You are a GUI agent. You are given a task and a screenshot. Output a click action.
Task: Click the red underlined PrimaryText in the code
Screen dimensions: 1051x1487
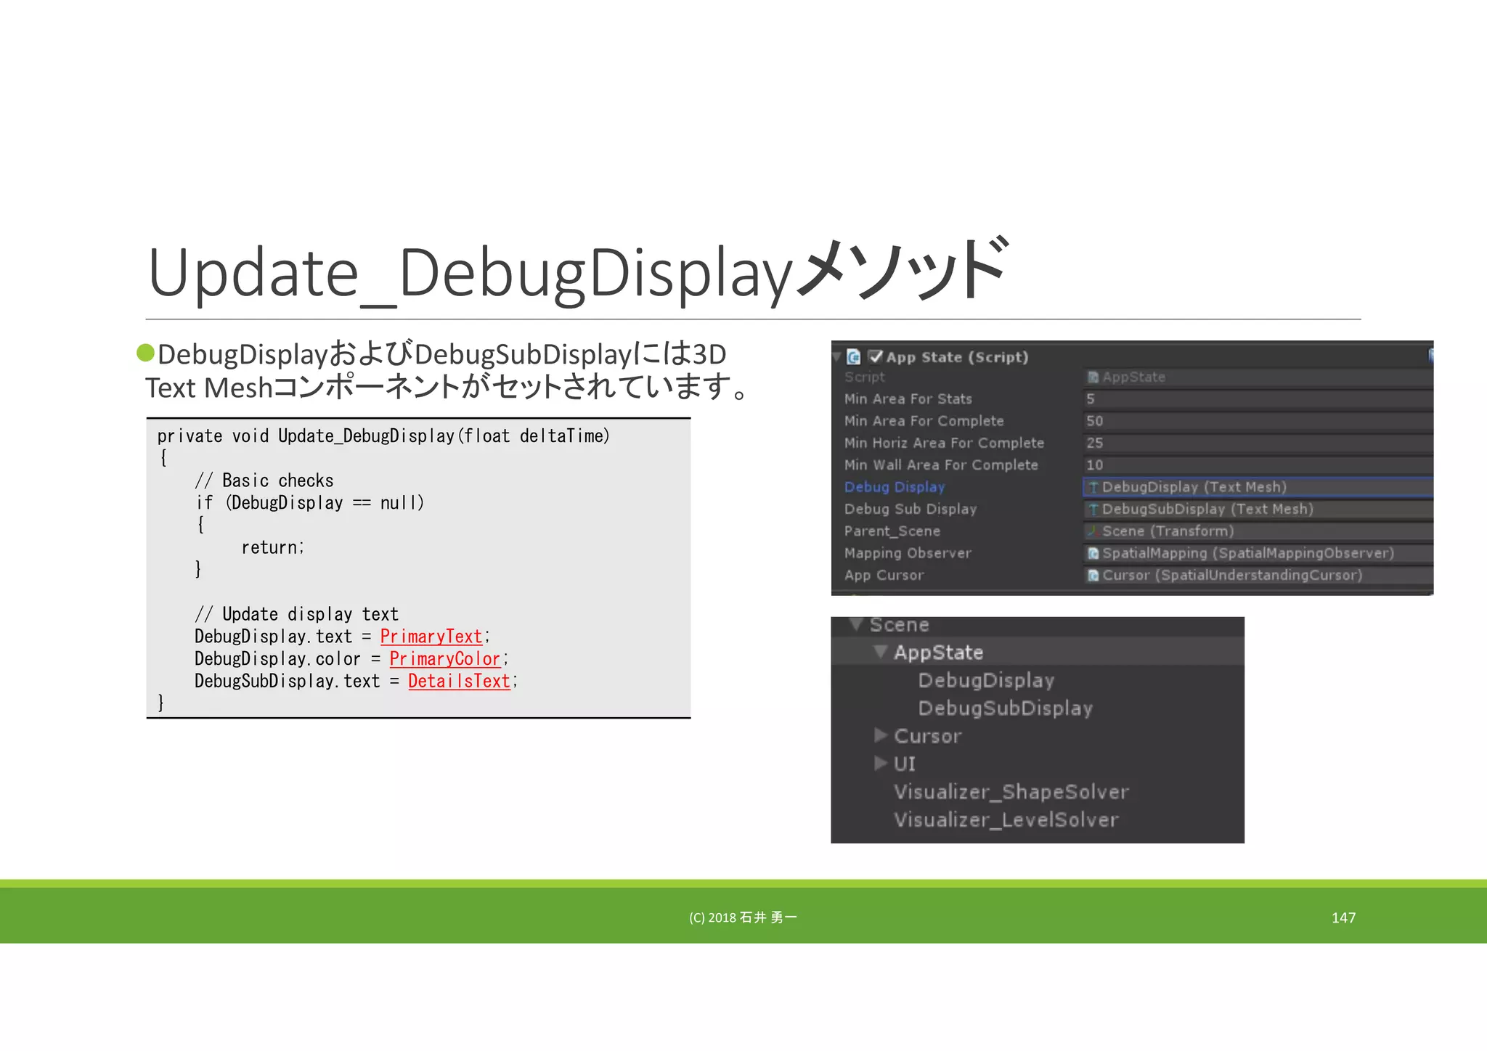coord(431,637)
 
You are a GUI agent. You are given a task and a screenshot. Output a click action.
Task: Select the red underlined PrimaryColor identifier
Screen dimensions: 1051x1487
coord(444,659)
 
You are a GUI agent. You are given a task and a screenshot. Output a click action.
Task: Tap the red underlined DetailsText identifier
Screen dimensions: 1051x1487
coord(459,682)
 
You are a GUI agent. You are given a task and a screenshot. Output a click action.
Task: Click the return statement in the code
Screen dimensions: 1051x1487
coord(272,547)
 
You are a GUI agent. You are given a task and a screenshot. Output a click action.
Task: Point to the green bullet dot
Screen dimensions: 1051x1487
coord(146,353)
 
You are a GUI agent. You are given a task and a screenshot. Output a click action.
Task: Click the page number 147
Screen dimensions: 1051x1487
coord(1343,917)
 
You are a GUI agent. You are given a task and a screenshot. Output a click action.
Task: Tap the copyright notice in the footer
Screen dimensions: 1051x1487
coord(743,917)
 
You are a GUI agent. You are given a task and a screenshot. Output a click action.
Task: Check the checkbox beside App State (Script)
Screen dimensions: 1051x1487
coord(875,356)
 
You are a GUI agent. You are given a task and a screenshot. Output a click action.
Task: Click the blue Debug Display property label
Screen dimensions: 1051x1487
coord(895,487)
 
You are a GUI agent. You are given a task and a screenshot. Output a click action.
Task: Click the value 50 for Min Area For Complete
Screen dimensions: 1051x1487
coord(1095,421)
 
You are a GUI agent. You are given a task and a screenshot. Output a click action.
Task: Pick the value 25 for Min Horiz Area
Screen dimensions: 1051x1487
coord(1095,443)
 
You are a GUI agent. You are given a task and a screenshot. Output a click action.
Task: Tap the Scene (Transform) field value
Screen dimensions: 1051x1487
coord(1168,531)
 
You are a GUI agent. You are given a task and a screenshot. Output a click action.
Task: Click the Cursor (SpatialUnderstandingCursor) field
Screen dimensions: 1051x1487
coord(1231,576)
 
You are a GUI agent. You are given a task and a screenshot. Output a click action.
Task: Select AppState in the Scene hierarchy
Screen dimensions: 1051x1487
coord(938,653)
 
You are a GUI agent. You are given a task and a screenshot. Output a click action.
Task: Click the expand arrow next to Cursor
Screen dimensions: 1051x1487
coord(881,735)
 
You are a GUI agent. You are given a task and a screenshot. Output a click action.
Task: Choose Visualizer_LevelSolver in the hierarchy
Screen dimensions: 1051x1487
coord(1006,820)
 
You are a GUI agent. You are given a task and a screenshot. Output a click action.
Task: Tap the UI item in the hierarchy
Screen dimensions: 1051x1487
coord(905,764)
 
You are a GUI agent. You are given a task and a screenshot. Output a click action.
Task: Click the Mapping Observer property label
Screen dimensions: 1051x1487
coord(907,553)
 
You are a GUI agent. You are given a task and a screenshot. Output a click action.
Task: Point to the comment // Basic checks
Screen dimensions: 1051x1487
coord(264,480)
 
